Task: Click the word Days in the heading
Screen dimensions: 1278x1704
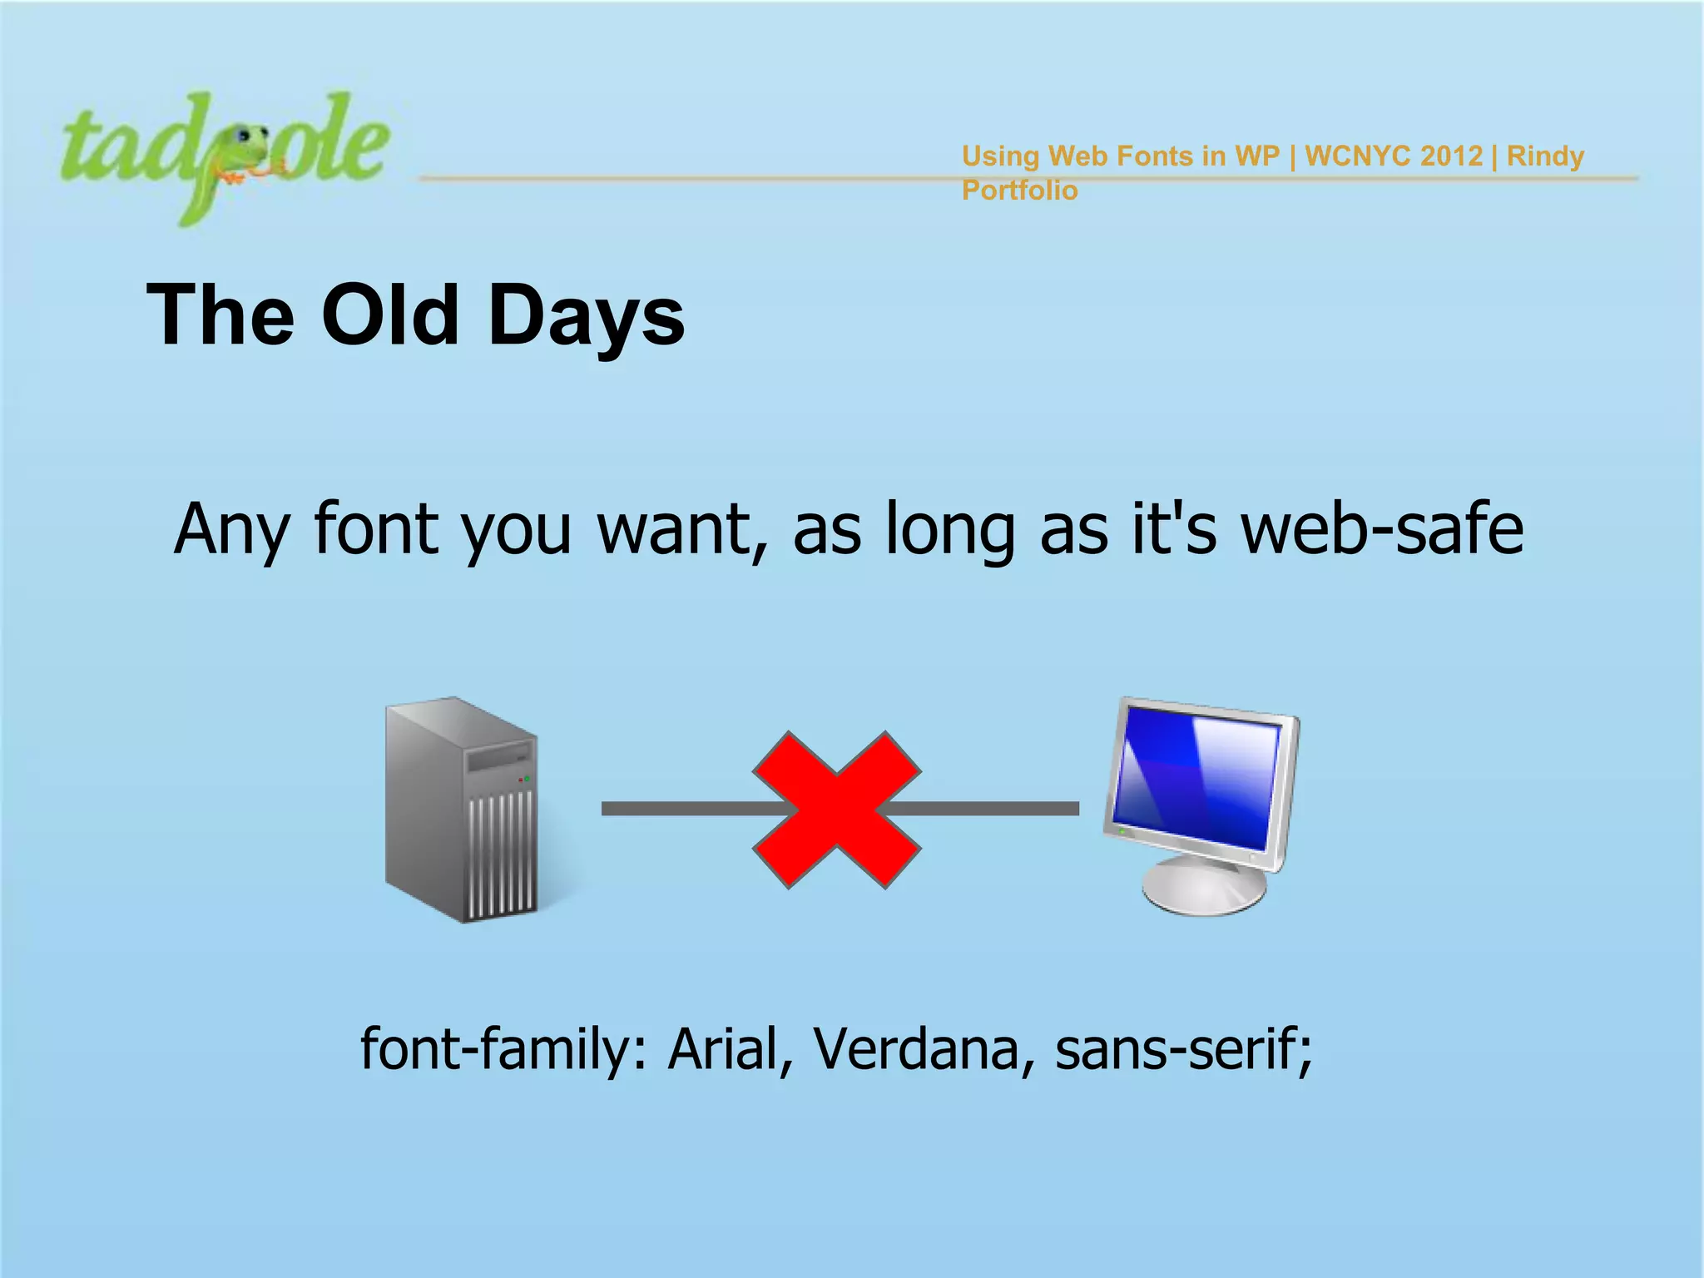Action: [x=587, y=316]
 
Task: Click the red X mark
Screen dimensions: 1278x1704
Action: [x=837, y=810]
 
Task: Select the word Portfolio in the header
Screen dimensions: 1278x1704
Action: [x=1019, y=191]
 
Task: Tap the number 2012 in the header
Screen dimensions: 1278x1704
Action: [x=1451, y=156]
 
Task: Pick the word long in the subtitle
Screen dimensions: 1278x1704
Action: [x=949, y=530]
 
